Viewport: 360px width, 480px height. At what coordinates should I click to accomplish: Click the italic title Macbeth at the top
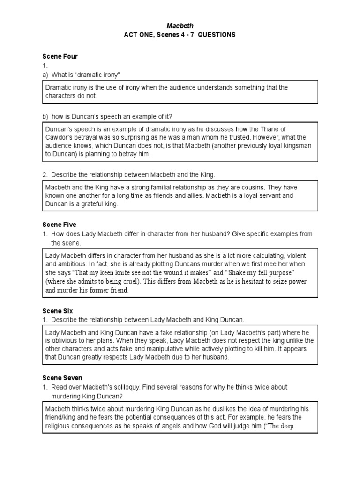point(180,26)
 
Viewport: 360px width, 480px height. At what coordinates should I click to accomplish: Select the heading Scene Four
point(60,57)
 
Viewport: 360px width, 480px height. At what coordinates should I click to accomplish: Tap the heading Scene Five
point(59,225)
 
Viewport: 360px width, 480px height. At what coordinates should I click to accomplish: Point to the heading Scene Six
point(58,311)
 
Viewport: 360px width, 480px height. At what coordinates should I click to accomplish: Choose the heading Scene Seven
point(62,378)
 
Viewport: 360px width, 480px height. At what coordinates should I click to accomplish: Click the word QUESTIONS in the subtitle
point(217,35)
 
